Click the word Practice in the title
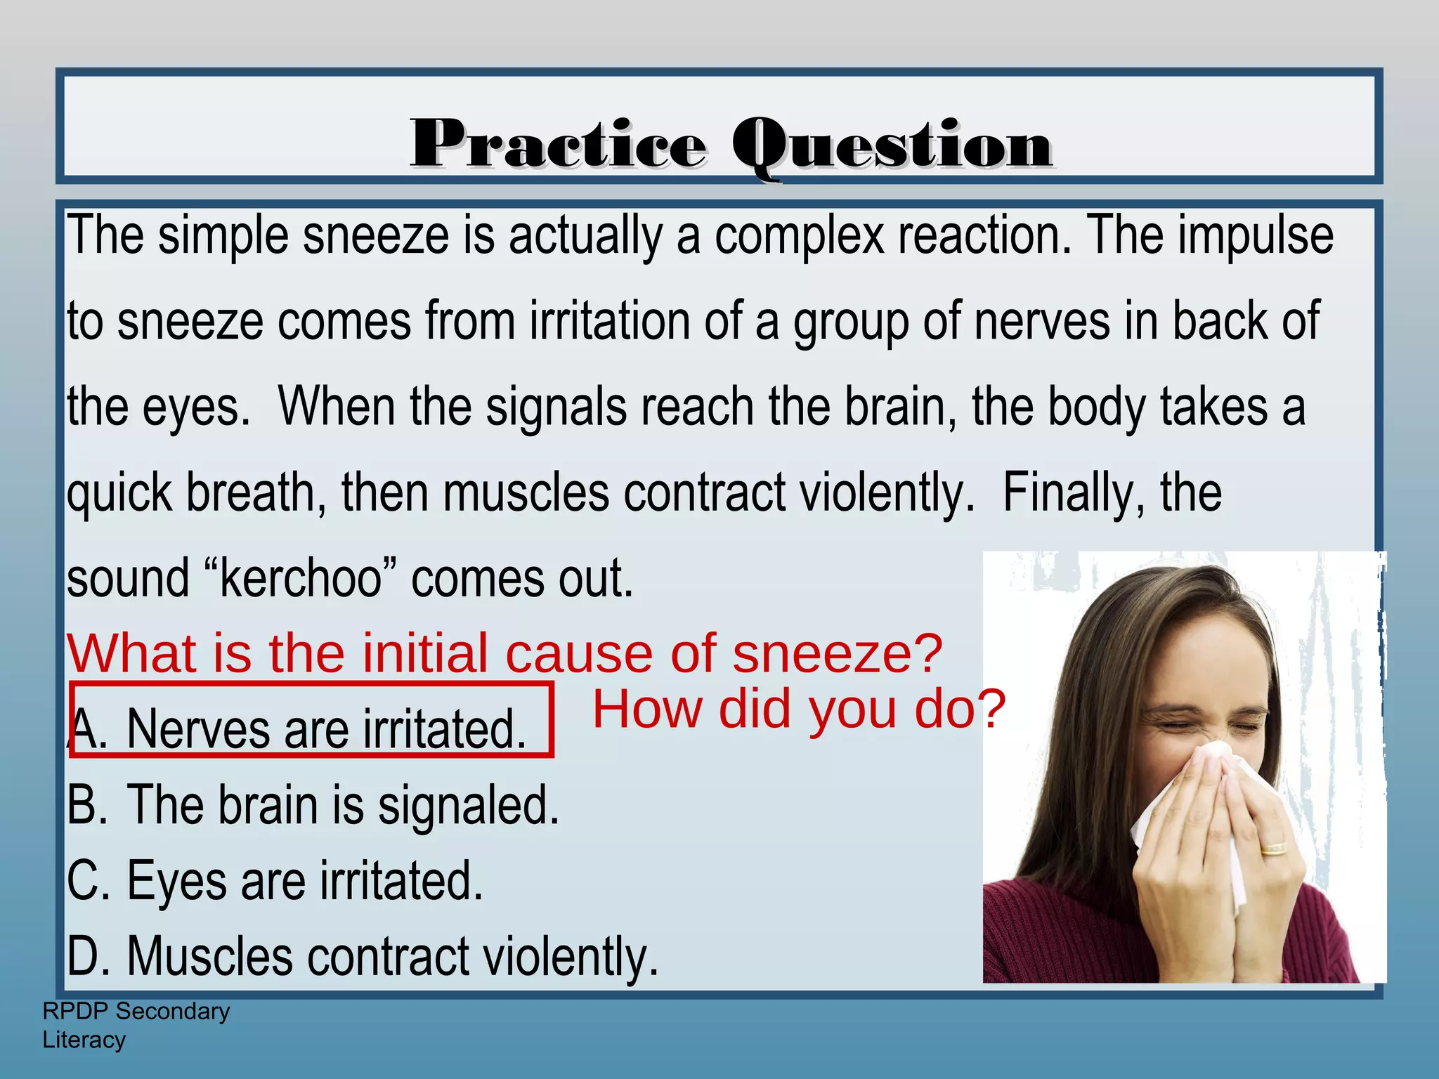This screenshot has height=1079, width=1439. (x=558, y=145)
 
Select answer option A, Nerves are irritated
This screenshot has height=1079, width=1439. (x=309, y=728)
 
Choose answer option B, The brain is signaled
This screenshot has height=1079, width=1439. (x=313, y=805)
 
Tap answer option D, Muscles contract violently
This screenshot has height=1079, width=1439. (x=363, y=957)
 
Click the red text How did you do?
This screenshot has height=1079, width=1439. (x=799, y=709)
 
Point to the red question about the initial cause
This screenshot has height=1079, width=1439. (x=504, y=653)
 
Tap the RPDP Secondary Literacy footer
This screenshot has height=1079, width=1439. (x=136, y=1025)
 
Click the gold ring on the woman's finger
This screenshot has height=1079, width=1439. (x=1273, y=849)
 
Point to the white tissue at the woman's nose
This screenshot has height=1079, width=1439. (x=1194, y=787)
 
